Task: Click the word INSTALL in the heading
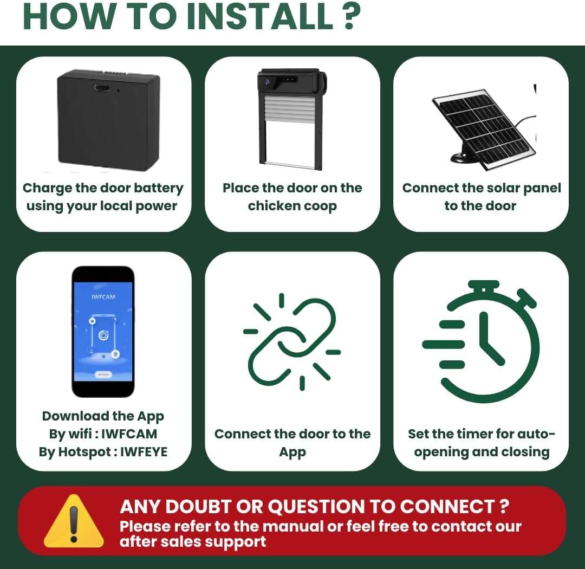pos(259,17)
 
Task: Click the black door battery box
pos(109,122)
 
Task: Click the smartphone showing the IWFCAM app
pos(103,331)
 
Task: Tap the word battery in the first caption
pos(157,189)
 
